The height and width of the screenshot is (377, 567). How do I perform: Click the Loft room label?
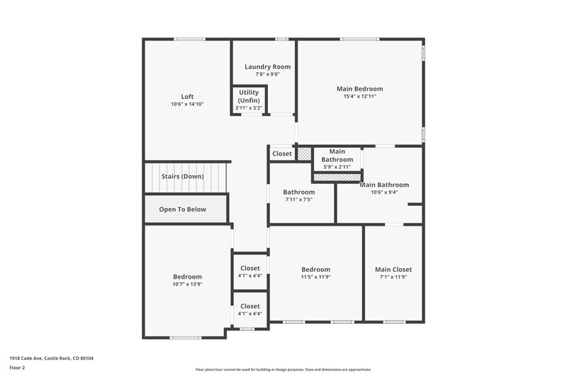coord(187,97)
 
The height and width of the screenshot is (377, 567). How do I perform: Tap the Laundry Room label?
coord(267,66)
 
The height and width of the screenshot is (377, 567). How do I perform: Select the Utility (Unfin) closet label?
coord(249,97)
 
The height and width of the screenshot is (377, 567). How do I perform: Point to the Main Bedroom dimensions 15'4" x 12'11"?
coord(359,96)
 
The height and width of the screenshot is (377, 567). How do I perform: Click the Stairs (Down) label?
coord(182,176)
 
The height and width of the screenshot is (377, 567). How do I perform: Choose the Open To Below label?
coord(182,209)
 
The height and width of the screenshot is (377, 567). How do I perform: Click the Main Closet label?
coord(393,269)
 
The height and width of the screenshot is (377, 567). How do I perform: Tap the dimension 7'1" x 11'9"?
coord(393,277)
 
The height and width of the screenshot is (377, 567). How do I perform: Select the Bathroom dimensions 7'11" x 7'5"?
coord(298,200)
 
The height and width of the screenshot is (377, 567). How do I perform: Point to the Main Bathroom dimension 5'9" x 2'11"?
coord(337,167)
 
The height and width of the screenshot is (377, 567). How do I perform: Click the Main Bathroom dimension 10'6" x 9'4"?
coord(383,192)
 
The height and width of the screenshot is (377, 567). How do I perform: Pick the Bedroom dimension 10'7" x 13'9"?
coord(187,284)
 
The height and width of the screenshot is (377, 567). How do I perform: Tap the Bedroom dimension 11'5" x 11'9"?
coord(315,277)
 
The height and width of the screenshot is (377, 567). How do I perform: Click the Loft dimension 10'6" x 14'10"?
coord(187,105)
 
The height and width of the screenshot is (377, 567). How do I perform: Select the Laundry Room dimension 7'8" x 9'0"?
coord(267,74)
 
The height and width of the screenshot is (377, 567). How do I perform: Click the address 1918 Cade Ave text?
coord(51,359)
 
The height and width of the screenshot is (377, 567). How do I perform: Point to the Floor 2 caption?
coord(17,369)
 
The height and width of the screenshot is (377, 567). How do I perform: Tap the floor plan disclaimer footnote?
coord(283,369)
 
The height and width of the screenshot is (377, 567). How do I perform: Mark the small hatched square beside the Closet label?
coord(304,153)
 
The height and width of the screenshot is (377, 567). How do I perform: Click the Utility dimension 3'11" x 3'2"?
coord(249,108)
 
